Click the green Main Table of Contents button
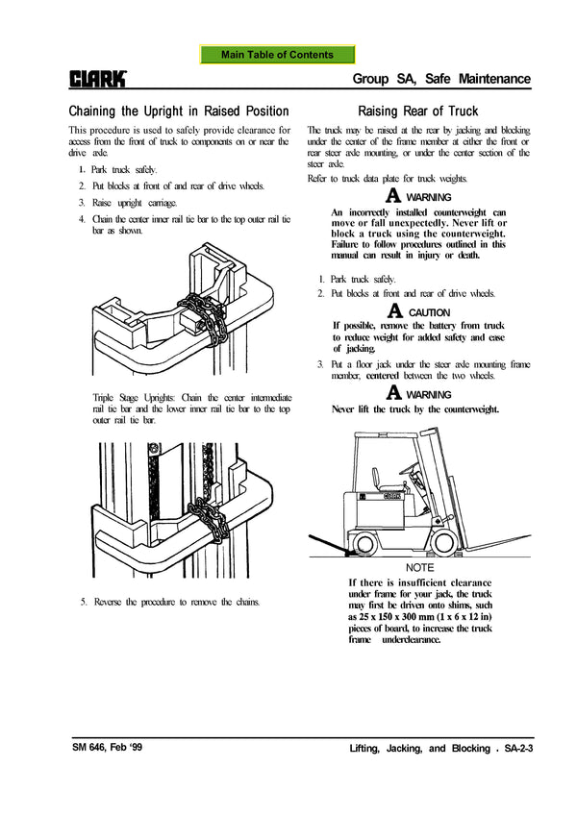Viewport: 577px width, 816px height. pyautogui.click(x=277, y=56)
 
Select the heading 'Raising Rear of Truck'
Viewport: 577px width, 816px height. pyautogui.click(x=417, y=111)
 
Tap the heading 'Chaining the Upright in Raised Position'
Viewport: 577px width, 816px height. pyautogui.click(x=179, y=111)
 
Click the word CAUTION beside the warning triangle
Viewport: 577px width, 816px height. pyautogui.click(x=429, y=312)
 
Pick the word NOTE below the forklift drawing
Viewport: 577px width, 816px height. pyautogui.click(x=420, y=567)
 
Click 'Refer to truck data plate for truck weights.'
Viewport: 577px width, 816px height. pyautogui.click(x=387, y=180)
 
